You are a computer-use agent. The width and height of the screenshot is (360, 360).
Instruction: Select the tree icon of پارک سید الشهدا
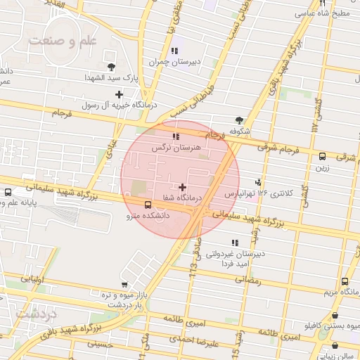(112, 66)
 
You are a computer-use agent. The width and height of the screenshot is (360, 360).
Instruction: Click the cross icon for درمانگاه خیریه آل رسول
(119, 94)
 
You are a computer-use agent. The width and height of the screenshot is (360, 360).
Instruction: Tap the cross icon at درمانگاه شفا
(183, 188)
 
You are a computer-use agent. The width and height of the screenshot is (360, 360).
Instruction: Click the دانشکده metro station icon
(147, 205)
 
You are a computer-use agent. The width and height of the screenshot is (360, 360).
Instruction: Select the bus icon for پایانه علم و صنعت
(8, 192)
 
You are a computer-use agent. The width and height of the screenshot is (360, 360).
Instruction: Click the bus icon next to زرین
(323, 157)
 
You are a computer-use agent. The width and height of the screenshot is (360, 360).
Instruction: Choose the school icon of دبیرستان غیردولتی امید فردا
(235, 243)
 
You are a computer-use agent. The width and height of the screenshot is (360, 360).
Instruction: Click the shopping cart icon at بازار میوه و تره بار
(124, 285)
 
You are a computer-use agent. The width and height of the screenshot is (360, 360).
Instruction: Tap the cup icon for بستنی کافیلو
(334, 316)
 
